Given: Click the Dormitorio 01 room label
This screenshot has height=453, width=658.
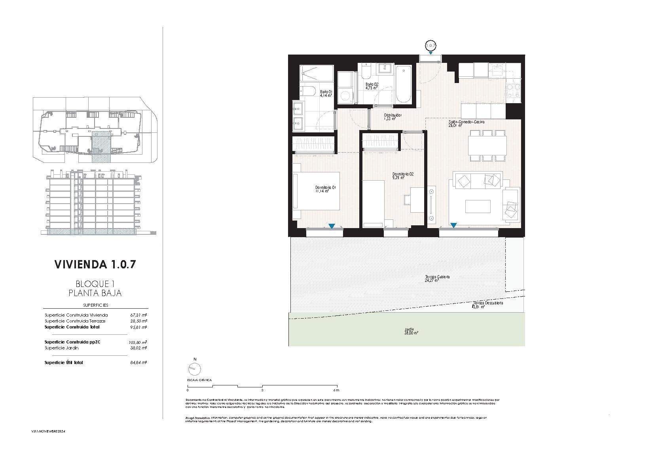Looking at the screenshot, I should pos(325,189).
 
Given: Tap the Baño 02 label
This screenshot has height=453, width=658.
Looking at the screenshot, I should pos(372,86).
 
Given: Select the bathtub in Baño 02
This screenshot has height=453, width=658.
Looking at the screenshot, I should pos(403,84).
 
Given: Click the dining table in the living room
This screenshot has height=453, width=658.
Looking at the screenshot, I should pos(487,145).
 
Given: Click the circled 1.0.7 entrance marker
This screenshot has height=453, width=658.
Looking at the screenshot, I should pos(430,45).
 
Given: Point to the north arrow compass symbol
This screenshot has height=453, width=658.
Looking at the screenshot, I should pos(194,369).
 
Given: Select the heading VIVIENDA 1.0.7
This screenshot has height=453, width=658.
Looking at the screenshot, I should pos(95,264).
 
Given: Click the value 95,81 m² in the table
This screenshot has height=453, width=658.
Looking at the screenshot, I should pos(138,327).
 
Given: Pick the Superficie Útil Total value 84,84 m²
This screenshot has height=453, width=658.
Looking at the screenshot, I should pos(138,362).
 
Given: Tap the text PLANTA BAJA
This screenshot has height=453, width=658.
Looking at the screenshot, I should pos(95,293).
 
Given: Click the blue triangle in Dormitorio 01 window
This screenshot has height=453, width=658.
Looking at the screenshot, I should pos(332,226).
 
